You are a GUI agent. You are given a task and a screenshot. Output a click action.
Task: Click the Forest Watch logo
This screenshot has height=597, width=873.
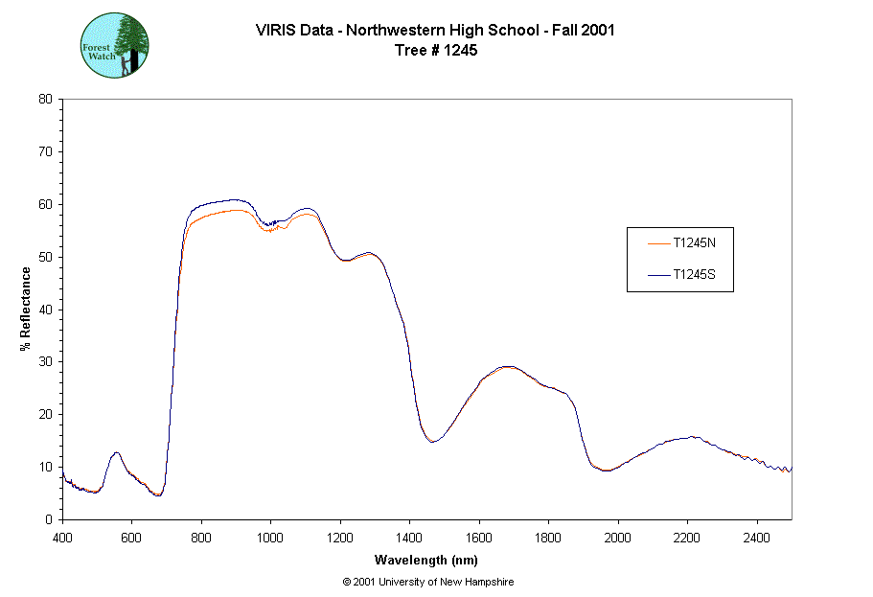(x=114, y=45)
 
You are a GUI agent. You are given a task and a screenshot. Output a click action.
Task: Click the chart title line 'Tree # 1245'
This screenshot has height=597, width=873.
(x=435, y=51)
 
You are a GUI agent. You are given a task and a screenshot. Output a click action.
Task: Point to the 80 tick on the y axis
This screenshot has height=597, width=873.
(x=45, y=99)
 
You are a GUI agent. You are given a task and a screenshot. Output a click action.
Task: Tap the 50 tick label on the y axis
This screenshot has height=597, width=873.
(x=45, y=257)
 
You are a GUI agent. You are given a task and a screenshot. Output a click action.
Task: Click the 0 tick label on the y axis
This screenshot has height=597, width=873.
(x=49, y=519)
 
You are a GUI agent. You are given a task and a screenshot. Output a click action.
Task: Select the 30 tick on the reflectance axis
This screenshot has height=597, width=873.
(x=45, y=361)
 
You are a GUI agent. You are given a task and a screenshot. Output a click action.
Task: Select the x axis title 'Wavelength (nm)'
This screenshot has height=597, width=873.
(x=426, y=560)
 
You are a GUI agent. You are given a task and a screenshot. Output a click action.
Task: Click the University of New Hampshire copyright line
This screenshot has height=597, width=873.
(x=428, y=582)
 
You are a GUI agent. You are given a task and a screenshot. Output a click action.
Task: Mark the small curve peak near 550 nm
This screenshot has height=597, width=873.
(x=116, y=452)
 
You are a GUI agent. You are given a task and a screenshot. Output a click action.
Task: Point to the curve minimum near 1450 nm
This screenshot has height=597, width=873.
(x=432, y=442)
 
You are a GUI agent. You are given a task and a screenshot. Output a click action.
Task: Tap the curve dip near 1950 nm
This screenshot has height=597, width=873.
(x=605, y=471)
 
